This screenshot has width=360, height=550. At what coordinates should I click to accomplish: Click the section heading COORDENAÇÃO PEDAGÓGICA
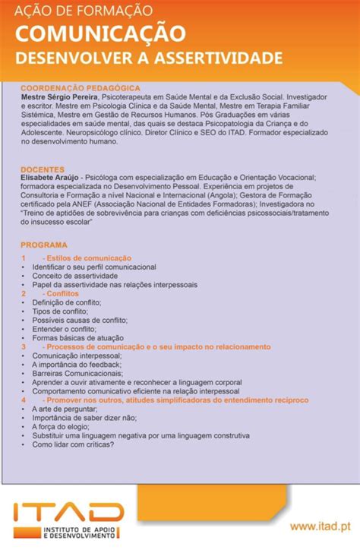pos(81,88)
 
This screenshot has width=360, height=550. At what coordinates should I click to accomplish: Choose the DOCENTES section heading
pos(43,169)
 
